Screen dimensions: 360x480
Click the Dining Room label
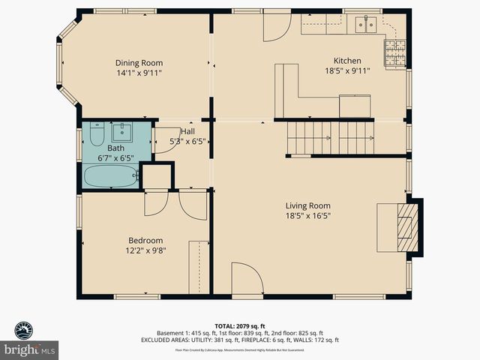coord(139,63)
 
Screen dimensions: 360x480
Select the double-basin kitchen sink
coord(367,24)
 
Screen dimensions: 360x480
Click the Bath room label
coord(115,148)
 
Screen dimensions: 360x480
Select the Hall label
coord(187,131)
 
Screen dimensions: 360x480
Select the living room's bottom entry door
coord(247,280)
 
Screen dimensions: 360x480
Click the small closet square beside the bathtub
coord(157,176)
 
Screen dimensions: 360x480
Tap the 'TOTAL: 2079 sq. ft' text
coord(240,325)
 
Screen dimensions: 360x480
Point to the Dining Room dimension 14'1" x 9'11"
coord(139,73)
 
